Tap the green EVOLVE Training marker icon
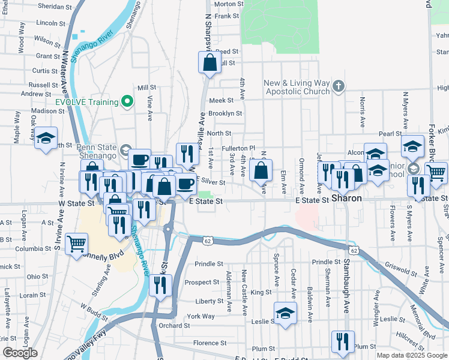point(127,101)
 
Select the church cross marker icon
point(339,86)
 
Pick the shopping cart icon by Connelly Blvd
point(76,244)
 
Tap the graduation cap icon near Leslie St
point(285,313)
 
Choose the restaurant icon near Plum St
point(342,341)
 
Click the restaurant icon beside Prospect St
point(160,286)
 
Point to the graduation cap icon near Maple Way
point(45,138)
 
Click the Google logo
point(20,353)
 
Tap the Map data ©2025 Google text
point(412,355)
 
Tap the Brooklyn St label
point(225,113)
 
